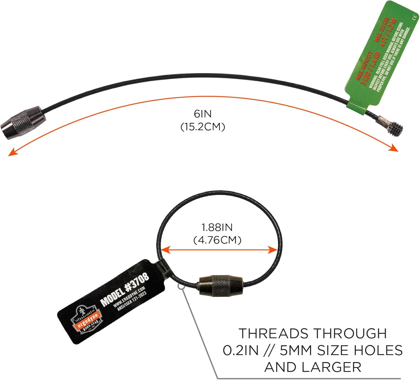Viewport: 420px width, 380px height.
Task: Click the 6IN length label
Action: (x=203, y=114)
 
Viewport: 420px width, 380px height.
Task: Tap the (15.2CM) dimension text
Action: (x=203, y=127)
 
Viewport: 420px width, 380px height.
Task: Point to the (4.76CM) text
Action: (x=217, y=240)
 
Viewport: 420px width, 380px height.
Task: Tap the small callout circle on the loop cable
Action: (x=181, y=286)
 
